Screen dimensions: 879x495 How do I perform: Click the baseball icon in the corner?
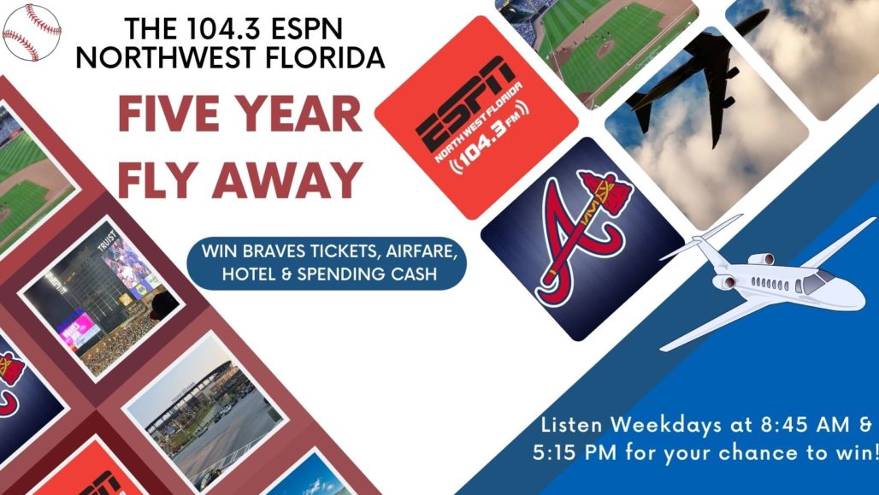pyautogui.click(x=32, y=32)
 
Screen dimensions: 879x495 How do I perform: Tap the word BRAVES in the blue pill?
pyautogui.click(x=273, y=250)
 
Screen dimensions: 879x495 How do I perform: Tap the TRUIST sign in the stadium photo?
pyautogui.click(x=109, y=240)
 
